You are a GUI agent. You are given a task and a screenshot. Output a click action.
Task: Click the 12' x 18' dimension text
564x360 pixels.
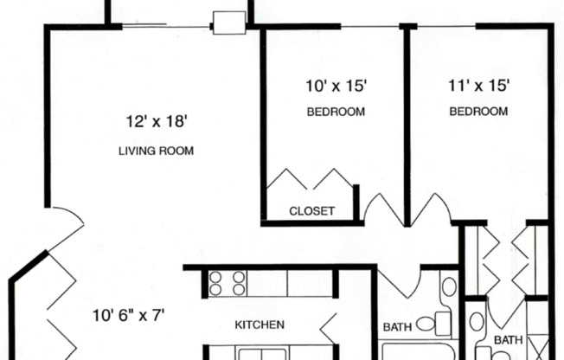(x=156, y=122)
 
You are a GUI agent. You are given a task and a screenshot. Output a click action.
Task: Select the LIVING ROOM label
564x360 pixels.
(x=156, y=151)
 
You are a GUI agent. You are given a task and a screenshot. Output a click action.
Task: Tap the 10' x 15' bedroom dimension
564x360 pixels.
(x=336, y=85)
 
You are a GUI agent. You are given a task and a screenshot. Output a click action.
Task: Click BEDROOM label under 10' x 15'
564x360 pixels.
(x=336, y=112)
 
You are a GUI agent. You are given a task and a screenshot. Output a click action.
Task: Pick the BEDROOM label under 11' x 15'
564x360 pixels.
(x=477, y=112)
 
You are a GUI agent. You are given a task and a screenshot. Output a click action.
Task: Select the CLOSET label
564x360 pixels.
(x=311, y=210)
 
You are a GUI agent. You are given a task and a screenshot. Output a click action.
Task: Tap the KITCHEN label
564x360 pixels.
(x=260, y=325)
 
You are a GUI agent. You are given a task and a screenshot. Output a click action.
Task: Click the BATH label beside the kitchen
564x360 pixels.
(x=397, y=327)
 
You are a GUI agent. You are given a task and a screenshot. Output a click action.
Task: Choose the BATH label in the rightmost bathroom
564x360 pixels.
(x=509, y=340)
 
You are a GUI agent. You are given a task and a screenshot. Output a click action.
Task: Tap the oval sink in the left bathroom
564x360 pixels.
(x=448, y=286)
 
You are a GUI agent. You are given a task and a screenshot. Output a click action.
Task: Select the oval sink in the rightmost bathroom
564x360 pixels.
(x=477, y=323)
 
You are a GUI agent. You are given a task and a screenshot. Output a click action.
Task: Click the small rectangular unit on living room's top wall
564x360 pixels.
(x=229, y=22)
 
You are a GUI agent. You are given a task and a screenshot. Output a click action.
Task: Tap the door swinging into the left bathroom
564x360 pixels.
(x=398, y=281)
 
